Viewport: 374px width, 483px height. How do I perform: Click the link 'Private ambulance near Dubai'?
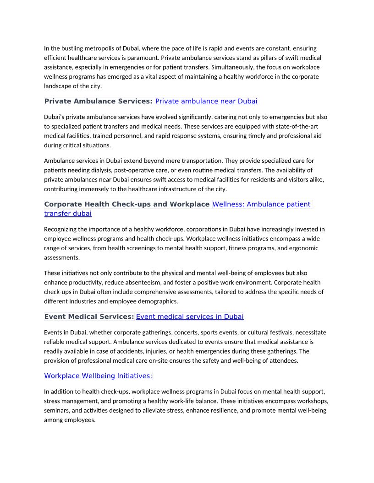pyautogui.click(x=206, y=101)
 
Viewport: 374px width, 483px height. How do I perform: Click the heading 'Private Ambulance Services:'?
pyautogui.click(x=98, y=101)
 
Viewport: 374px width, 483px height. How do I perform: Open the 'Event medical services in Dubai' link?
pyautogui.click(x=190, y=317)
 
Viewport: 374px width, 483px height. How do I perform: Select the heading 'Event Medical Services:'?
pyautogui.click(x=89, y=317)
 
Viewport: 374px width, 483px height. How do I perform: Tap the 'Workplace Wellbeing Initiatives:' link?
pyautogui.click(x=98, y=376)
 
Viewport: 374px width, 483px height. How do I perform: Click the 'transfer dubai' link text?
pyautogui.click(x=68, y=214)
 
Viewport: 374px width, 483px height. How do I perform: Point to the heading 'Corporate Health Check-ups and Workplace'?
pyautogui.click(x=126, y=204)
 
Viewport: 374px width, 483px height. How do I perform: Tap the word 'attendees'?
pyautogui.click(x=282, y=360)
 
